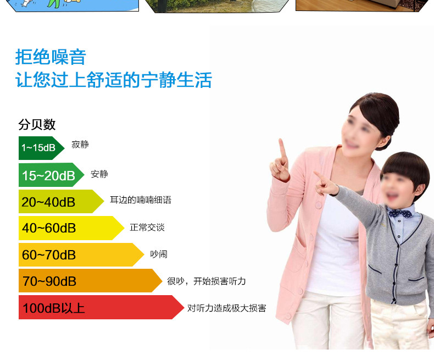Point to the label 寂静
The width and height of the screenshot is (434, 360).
pos(80,145)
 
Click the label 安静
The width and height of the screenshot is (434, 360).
pos(99,174)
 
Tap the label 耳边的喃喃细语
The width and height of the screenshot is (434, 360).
pos(141,200)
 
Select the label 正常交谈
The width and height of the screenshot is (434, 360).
pos(147,228)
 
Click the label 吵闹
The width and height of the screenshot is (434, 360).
pos(159,254)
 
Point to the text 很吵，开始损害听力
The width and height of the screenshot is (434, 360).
pos(207,281)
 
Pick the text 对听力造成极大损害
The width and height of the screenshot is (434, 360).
pos(227,308)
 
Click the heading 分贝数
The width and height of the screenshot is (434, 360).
pos(37,124)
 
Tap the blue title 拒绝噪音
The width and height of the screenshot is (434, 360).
pos(51,57)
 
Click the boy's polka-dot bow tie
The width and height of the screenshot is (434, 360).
pos(400,213)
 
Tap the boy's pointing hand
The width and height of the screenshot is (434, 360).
pos(326,184)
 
